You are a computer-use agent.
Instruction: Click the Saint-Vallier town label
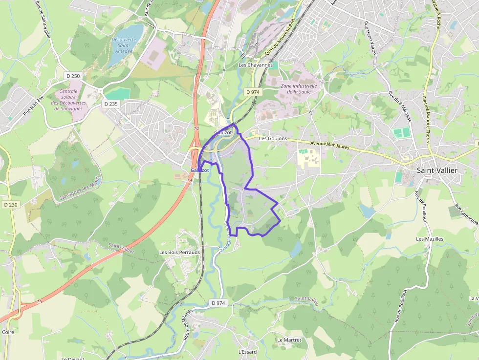(x=437, y=170)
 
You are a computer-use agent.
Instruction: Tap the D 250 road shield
(x=73, y=76)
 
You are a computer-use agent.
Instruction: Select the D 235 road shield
(x=111, y=104)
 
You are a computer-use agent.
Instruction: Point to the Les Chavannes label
(x=255, y=65)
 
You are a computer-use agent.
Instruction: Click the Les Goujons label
(x=273, y=138)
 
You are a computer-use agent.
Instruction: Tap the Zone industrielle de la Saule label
(x=299, y=89)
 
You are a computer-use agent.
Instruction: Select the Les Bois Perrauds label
(x=179, y=252)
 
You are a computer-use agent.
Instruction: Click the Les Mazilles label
(x=430, y=239)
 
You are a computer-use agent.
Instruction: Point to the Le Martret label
(x=289, y=339)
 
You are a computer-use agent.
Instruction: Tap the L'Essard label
(x=247, y=352)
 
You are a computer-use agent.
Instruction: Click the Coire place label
(x=8, y=332)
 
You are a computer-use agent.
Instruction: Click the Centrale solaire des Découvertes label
(x=68, y=100)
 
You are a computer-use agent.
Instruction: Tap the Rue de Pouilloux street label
(x=420, y=206)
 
